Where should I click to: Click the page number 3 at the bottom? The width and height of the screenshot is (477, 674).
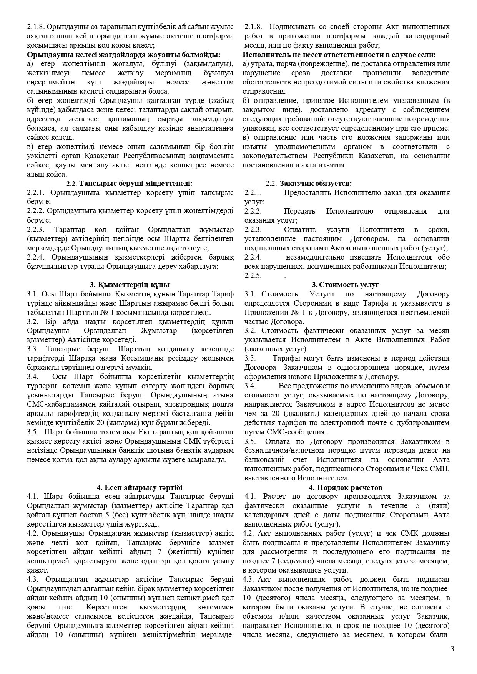[x=452, y=649]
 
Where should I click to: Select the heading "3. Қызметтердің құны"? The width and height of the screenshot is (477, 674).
[x=130, y=285]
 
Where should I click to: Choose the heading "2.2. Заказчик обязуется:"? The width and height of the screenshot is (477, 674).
[x=309, y=184]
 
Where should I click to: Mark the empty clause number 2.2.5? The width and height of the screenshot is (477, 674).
[x=253, y=276]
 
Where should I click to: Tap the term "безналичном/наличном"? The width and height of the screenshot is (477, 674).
[x=283, y=450]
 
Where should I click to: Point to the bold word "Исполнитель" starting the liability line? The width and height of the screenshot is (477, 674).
[x=265, y=55]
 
